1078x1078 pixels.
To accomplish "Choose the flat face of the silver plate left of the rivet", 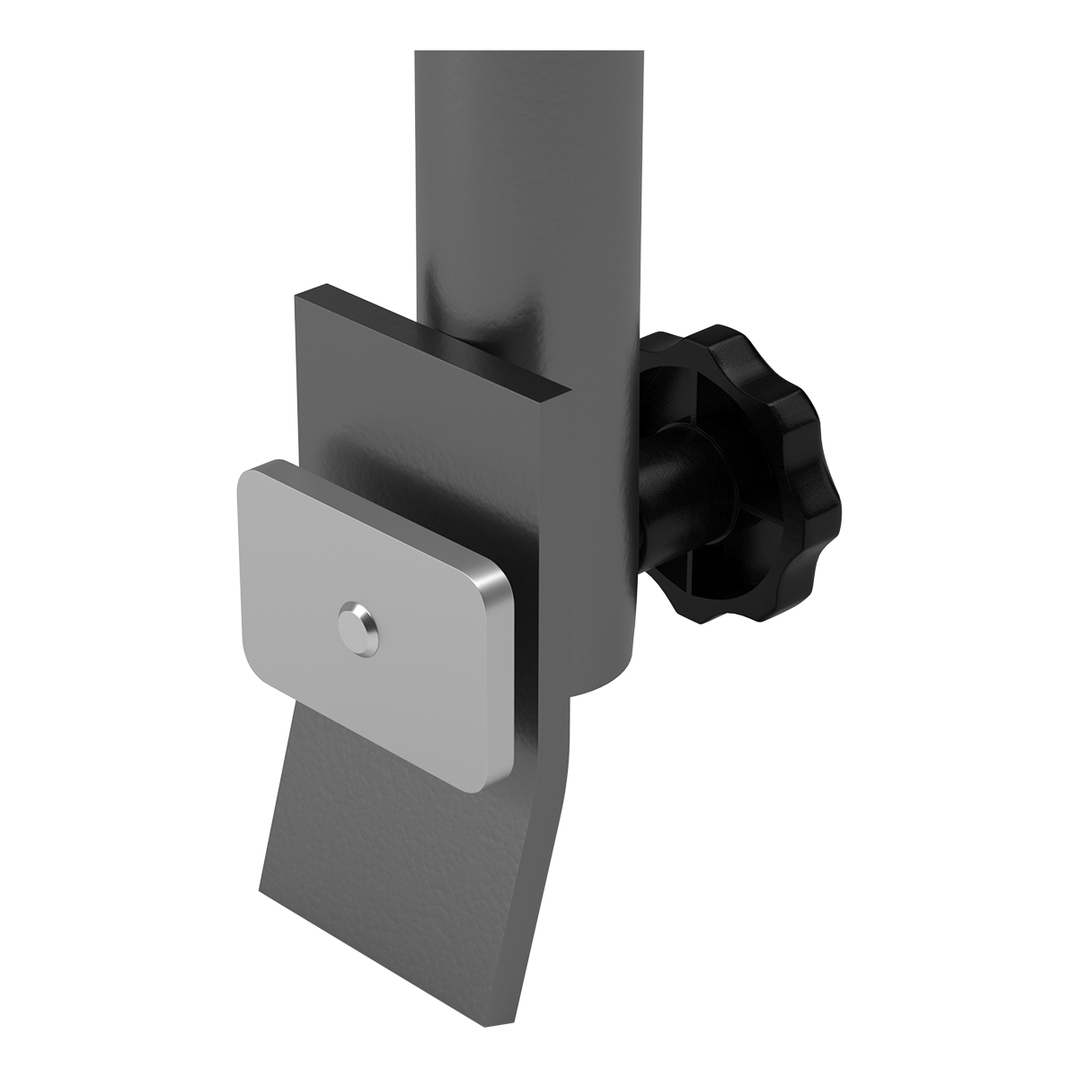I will [x=287, y=584].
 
